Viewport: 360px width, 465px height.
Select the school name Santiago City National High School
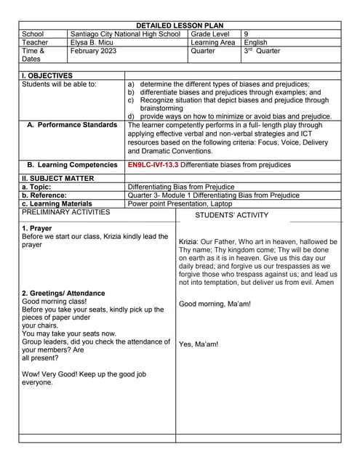(124, 34)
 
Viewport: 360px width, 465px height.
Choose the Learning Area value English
(256, 43)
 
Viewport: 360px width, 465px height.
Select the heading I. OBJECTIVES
(47, 76)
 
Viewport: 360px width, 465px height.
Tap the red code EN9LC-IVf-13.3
(153, 165)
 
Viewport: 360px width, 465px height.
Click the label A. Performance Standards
(72, 125)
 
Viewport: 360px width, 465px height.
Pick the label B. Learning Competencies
(72, 165)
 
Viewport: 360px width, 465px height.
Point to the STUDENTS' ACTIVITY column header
(231, 215)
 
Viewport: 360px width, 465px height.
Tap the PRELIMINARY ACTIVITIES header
(66, 212)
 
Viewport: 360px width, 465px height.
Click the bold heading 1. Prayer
(38, 229)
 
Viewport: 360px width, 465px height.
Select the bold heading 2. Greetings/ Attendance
(63, 294)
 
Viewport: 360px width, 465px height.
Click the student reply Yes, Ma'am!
(199, 344)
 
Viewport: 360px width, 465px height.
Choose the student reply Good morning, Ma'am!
(215, 304)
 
